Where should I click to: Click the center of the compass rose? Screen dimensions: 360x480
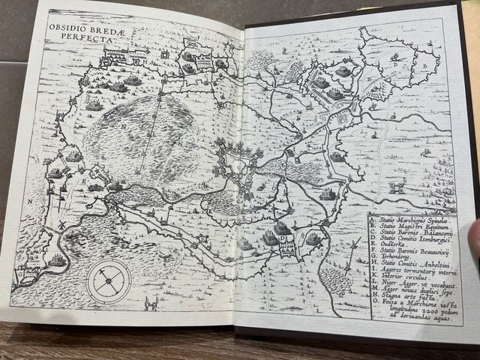click(x=109, y=280)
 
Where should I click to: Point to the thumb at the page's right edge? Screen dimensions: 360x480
click(x=473, y=240)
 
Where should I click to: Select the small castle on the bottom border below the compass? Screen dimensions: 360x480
click(x=151, y=304)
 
